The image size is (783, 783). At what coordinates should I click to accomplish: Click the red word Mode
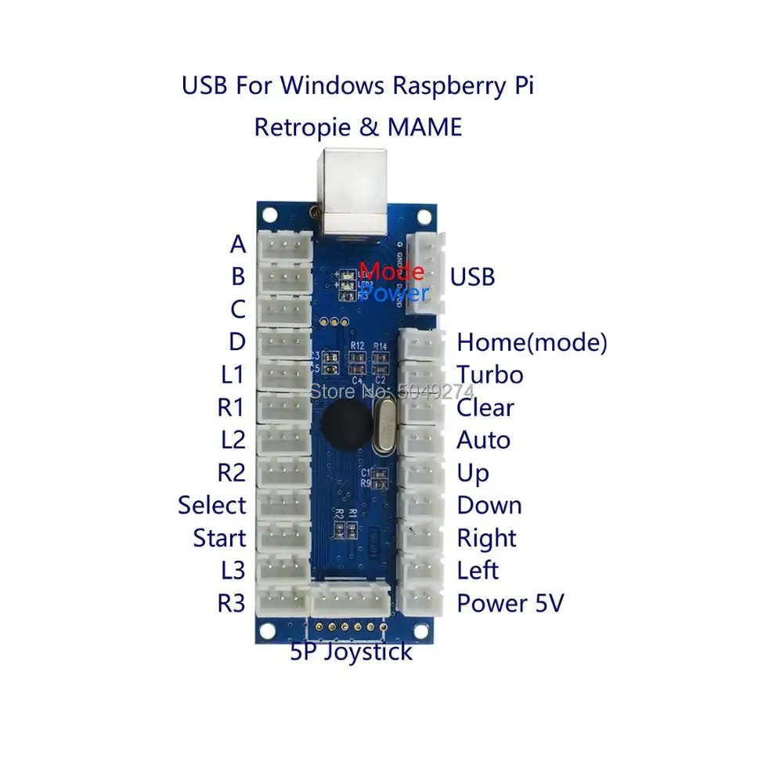391,272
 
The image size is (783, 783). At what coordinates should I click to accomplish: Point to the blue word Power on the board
394,293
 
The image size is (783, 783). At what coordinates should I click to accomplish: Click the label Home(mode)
532,342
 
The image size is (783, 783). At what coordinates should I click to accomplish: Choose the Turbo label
490,375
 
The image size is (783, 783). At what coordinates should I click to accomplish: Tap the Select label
211,505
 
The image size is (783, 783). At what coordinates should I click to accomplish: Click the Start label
219,538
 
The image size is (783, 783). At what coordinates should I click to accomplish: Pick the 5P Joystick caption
351,651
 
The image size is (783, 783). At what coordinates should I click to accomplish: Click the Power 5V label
510,604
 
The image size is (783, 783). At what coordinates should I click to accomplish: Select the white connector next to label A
284,245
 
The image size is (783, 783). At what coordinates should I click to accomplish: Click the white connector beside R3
284,604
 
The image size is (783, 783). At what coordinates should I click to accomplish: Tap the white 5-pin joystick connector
351,601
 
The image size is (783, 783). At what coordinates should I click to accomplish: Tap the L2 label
233,440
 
